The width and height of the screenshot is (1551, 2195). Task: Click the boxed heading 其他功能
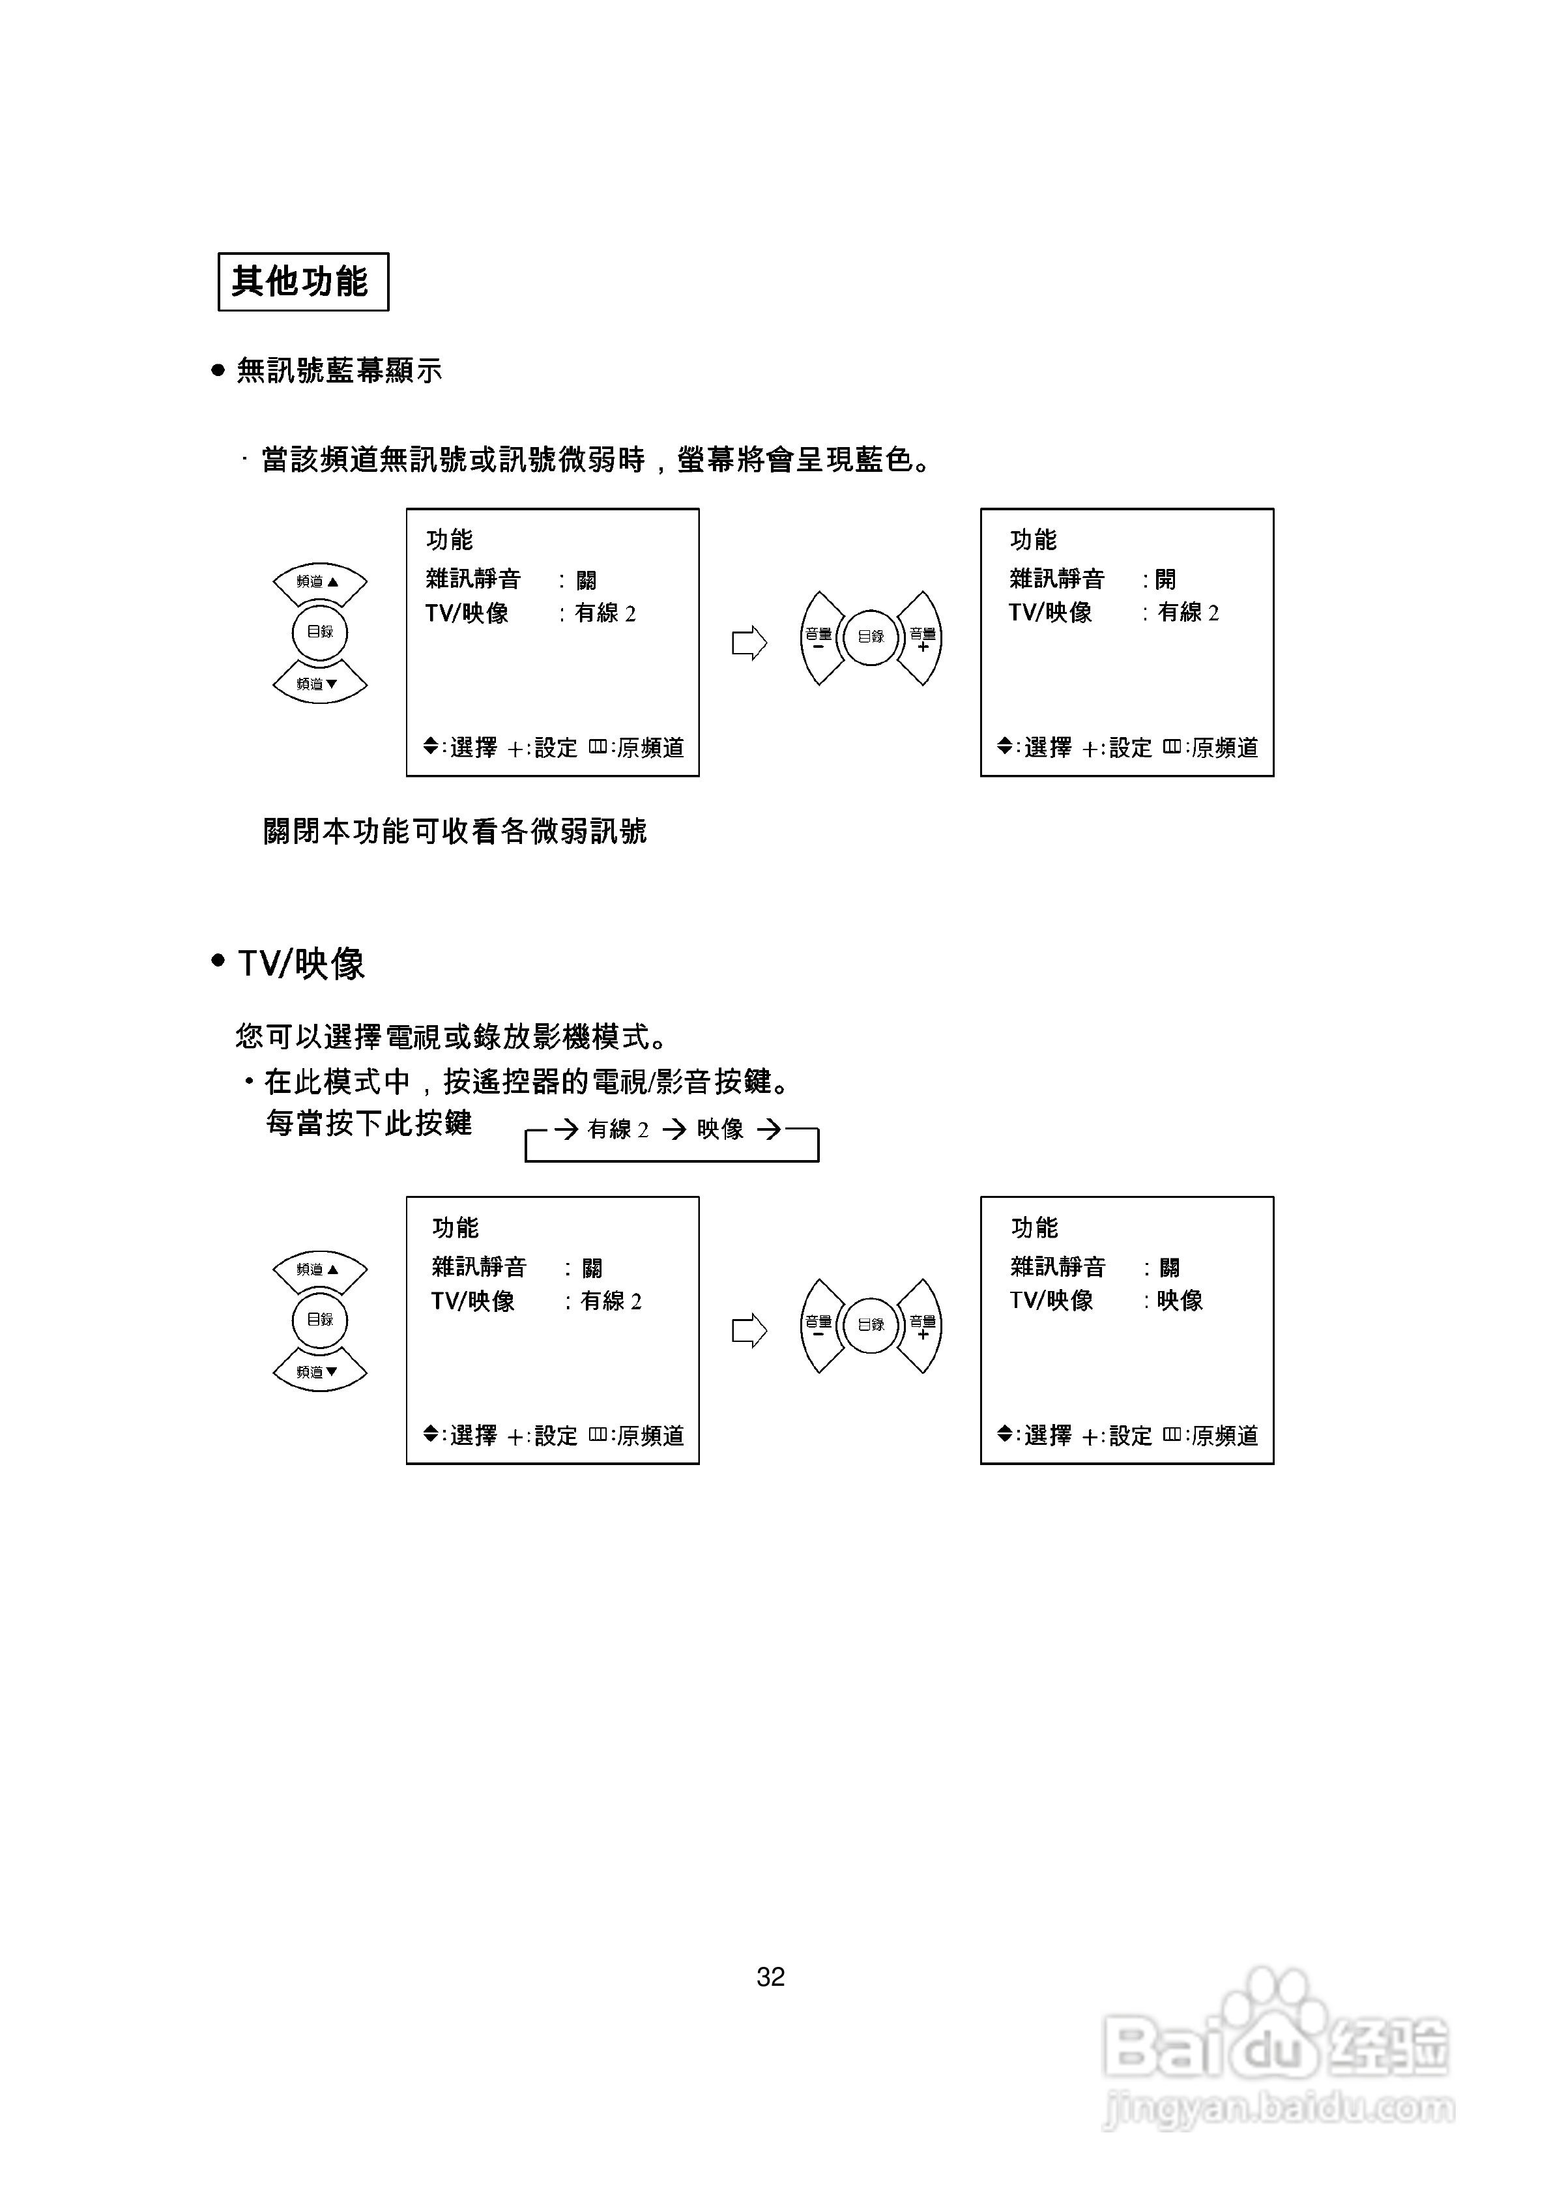click(x=302, y=281)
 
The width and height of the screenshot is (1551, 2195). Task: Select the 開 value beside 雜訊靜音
click(x=1166, y=579)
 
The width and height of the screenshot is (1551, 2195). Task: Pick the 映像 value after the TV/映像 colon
click(x=1180, y=1300)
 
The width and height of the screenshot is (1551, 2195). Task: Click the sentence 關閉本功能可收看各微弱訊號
click(x=455, y=832)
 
